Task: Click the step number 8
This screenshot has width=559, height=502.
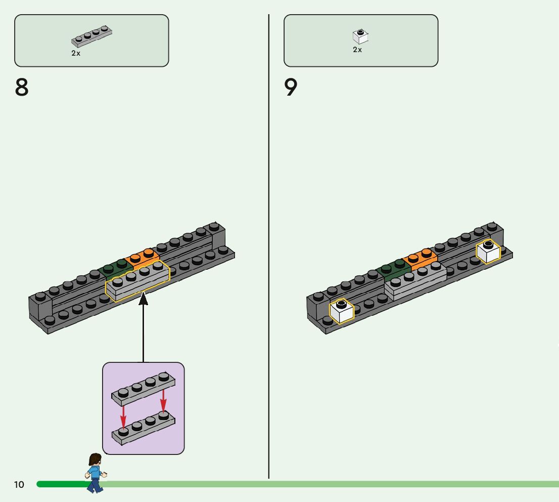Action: pos(22,88)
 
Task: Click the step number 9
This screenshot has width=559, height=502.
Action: pos(291,88)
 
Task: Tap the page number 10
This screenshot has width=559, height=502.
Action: pos(19,485)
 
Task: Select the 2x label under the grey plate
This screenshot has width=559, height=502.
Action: pos(76,53)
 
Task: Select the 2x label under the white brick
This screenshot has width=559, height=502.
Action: pos(357,50)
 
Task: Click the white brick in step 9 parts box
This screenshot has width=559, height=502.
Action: pos(360,36)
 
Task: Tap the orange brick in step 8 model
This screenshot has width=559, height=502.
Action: pos(143,257)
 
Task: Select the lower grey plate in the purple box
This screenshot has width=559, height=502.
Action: pos(144,427)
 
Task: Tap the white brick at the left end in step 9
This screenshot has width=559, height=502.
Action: pos(341,311)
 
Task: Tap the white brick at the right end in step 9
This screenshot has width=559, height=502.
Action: pos(488,252)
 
